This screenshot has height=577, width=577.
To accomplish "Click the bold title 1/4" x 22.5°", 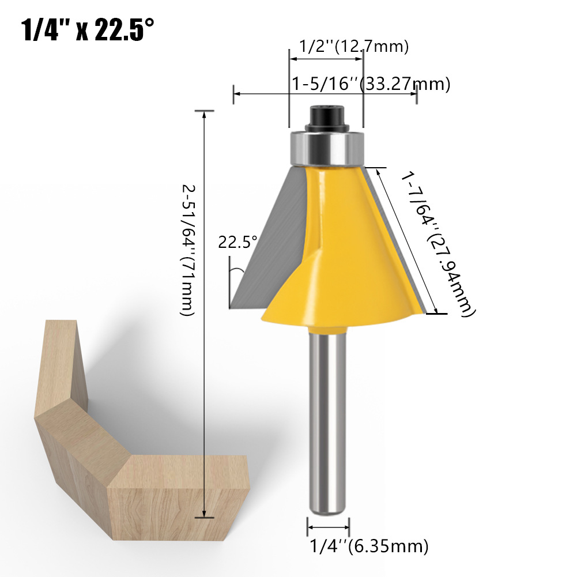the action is (x=88, y=29).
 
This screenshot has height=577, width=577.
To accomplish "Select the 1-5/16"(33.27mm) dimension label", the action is (x=371, y=84).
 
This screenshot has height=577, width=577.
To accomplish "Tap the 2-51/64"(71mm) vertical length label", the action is (x=187, y=250).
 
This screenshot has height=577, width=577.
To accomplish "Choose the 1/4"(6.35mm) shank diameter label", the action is (x=369, y=546).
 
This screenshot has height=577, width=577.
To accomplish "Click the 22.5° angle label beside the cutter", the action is (x=237, y=242).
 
